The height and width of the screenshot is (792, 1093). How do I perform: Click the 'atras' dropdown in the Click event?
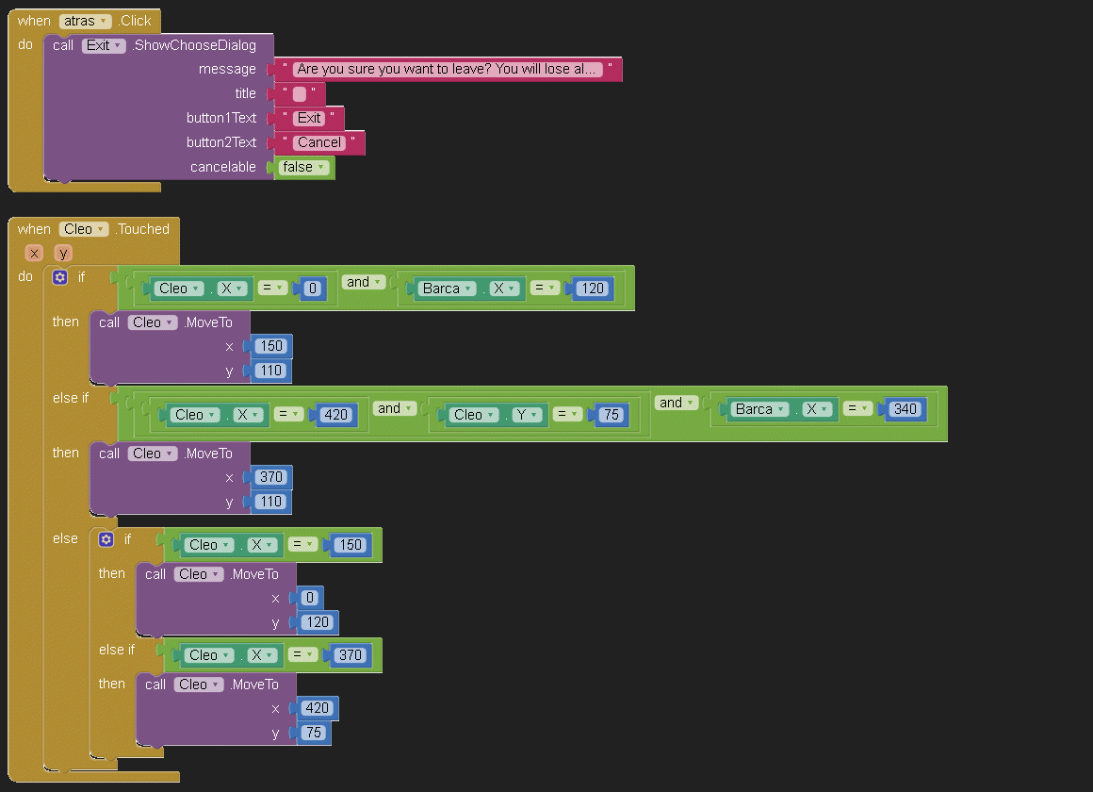[85, 21]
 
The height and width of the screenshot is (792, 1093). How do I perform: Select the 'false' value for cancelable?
[303, 167]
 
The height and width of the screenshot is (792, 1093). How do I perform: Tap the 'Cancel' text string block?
[319, 142]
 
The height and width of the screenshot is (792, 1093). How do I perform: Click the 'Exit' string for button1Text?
[309, 118]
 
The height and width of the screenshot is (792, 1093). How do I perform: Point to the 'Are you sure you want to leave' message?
[447, 69]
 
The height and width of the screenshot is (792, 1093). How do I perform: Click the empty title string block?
[300, 93]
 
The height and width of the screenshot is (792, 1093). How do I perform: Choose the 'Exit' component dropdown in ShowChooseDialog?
[103, 45]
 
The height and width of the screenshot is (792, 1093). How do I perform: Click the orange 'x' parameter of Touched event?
[34, 253]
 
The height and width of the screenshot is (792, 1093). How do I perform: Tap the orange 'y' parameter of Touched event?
[63, 253]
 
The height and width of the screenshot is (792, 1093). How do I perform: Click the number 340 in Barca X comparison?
[905, 409]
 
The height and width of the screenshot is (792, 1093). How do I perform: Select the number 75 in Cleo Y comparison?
[612, 415]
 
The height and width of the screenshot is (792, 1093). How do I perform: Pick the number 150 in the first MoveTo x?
[271, 346]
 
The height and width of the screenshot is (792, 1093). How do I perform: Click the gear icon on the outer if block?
[60, 277]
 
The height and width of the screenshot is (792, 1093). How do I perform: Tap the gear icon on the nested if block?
[106, 538]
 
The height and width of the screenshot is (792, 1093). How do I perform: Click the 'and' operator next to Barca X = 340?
[677, 403]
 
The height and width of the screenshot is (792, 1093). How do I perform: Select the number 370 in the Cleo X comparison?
[350, 655]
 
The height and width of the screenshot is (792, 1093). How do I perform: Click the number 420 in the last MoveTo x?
[318, 707]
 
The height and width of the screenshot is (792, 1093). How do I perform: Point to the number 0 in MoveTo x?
[310, 598]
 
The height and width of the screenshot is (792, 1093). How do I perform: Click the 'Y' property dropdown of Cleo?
[527, 415]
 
